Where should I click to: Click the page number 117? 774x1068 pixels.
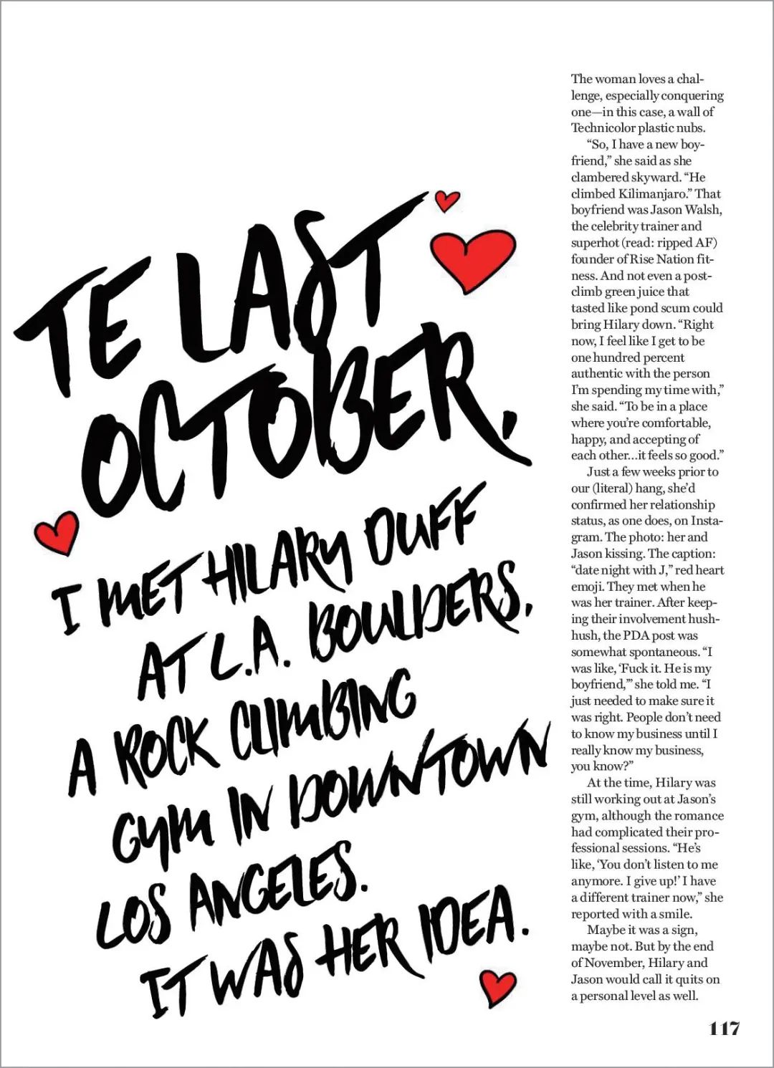pyautogui.click(x=724, y=1029)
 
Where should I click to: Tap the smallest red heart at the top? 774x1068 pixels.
pyautogui.click(x=447, y=200)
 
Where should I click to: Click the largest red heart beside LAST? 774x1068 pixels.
pyautogui.click(x=476, y=259)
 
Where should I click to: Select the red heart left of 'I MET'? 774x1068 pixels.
pyautogui.click(x=57, y=532)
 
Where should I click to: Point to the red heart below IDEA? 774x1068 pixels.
pyautogui.click(x=497, y=986)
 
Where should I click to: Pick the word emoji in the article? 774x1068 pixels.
pyautogui.click(x=587, y=586)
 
